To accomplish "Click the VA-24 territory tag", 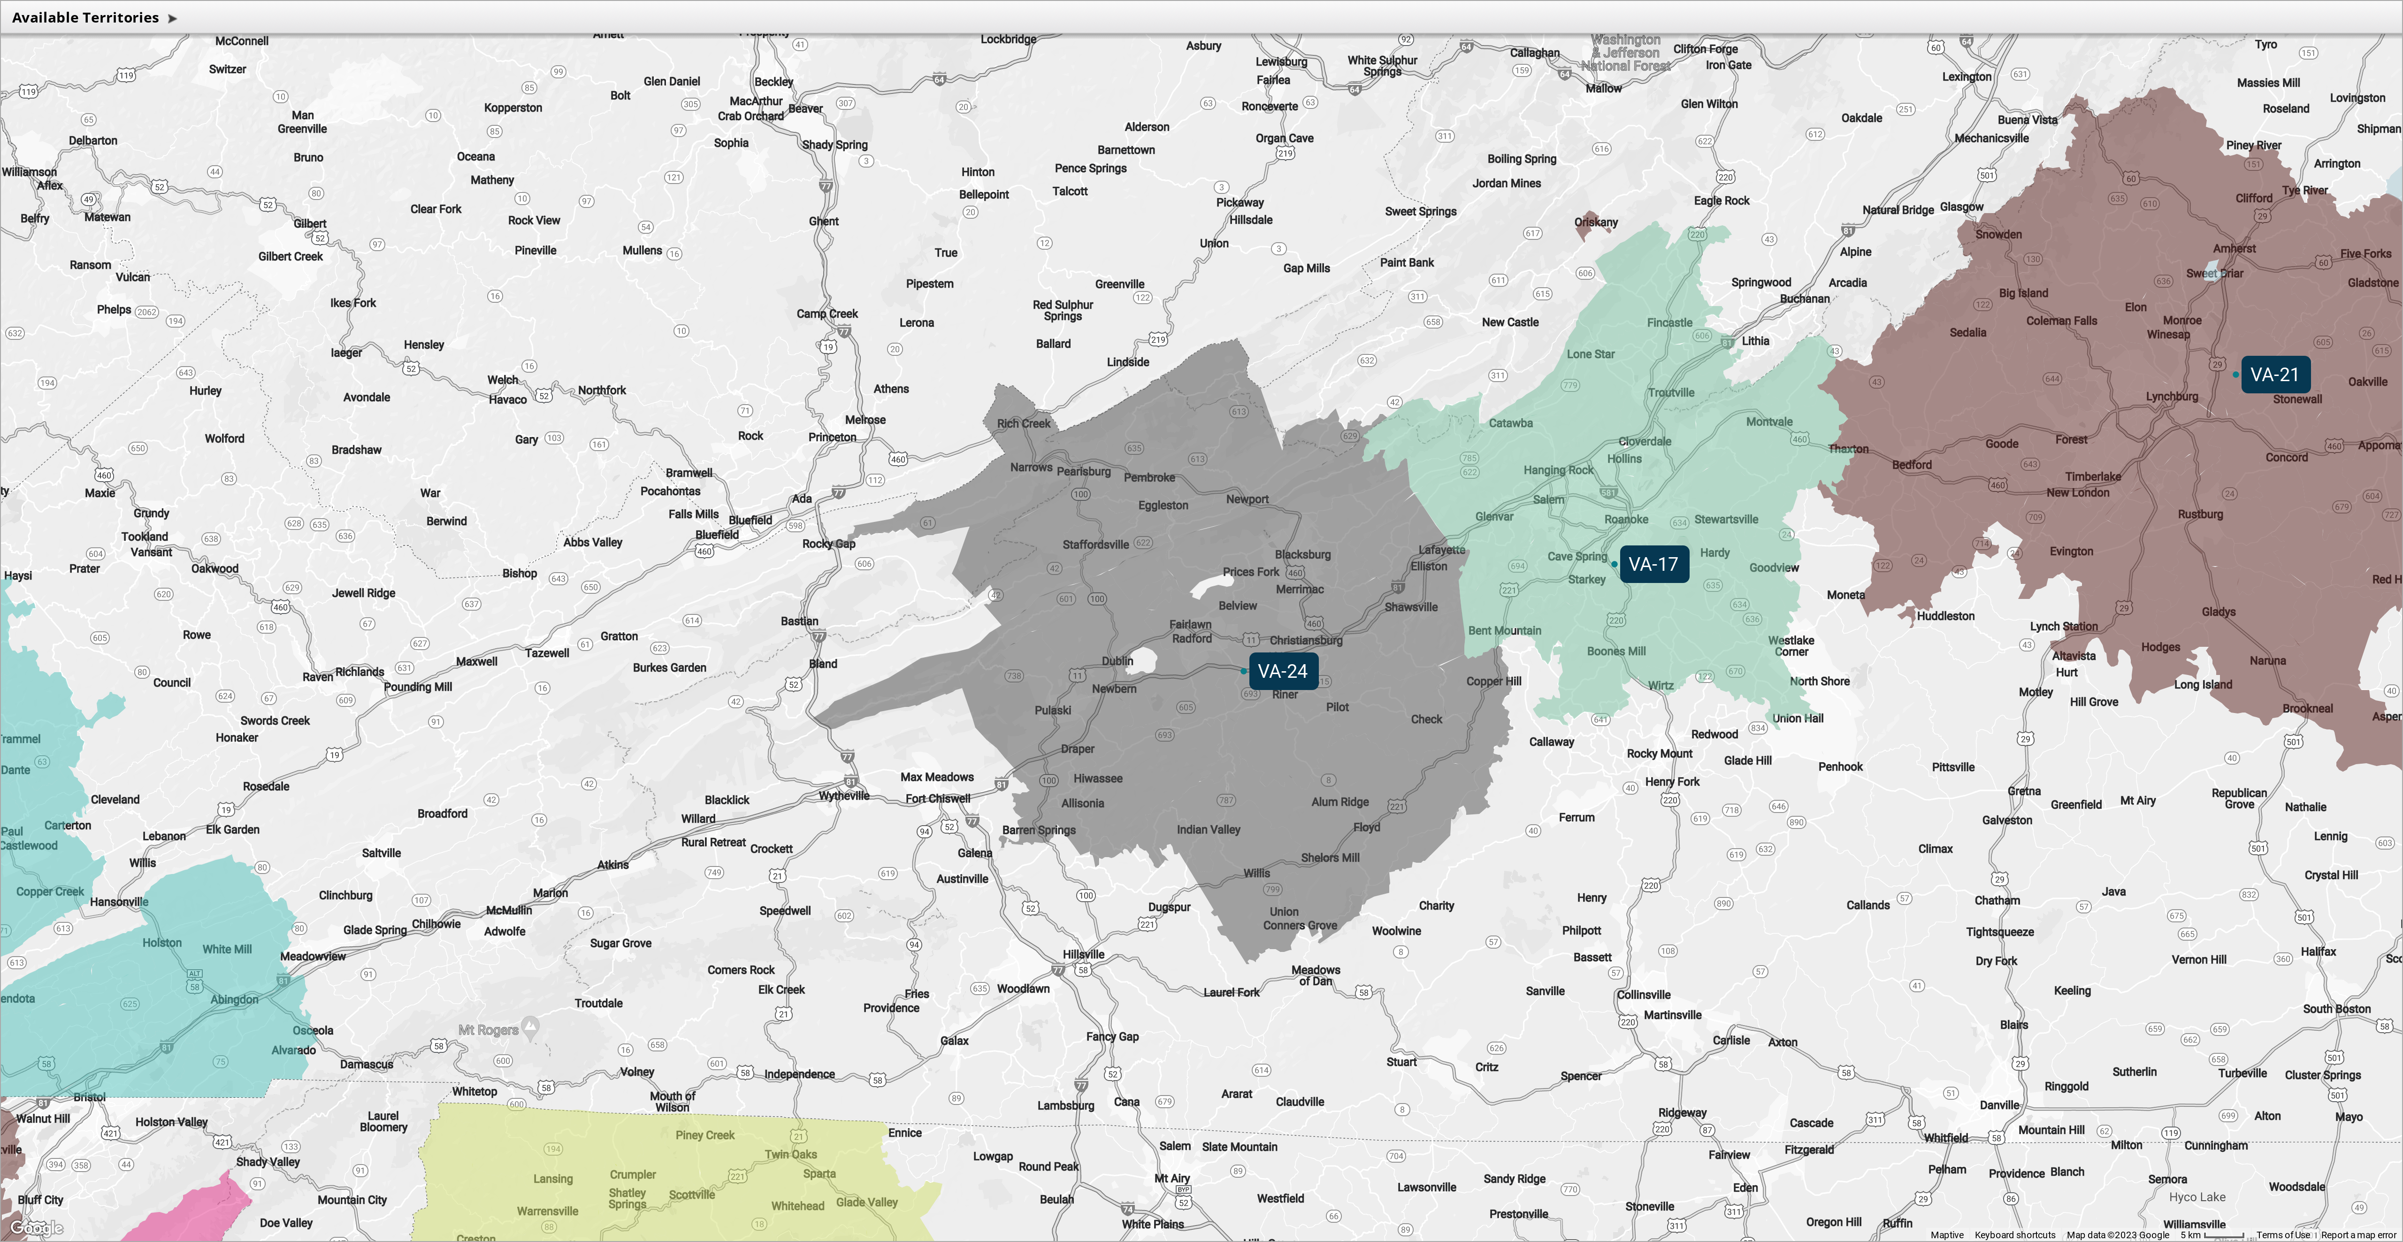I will click(x=1283, y=671).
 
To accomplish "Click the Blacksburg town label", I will click(x=1302, y=554).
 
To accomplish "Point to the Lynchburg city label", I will click(x=2172, y=397).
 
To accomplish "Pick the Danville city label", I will click(x=1999, y=1105).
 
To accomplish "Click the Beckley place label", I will click(x=773, y=82).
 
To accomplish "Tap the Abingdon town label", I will click(x=234, y=999).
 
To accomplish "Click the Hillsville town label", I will click(x=1083, y=955).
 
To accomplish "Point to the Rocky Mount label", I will click(x=1660, y=754).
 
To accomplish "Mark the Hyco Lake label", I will click(x=2197, y=1197).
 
